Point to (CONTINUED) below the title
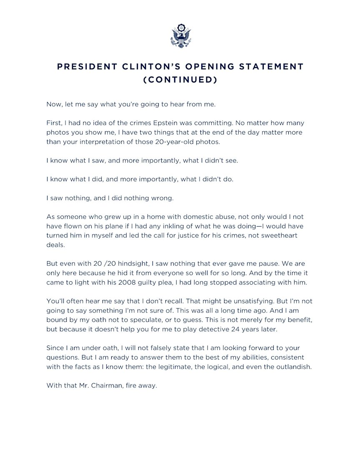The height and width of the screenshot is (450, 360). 180,79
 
